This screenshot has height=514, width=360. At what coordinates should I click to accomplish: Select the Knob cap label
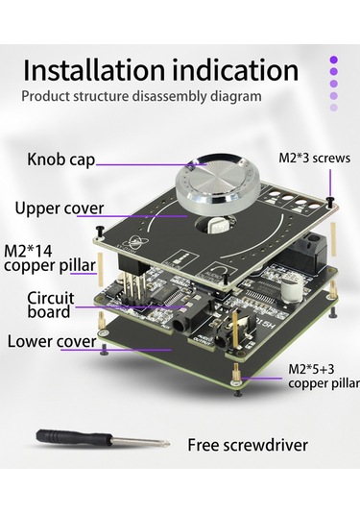coord(60,159)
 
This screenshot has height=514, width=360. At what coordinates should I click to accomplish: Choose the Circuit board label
coord(49,305)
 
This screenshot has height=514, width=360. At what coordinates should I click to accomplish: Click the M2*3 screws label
coord(313,158)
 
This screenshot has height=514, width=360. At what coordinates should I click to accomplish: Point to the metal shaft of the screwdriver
coord(140,443)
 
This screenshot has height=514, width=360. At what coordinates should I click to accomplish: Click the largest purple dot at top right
coord(334,60)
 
